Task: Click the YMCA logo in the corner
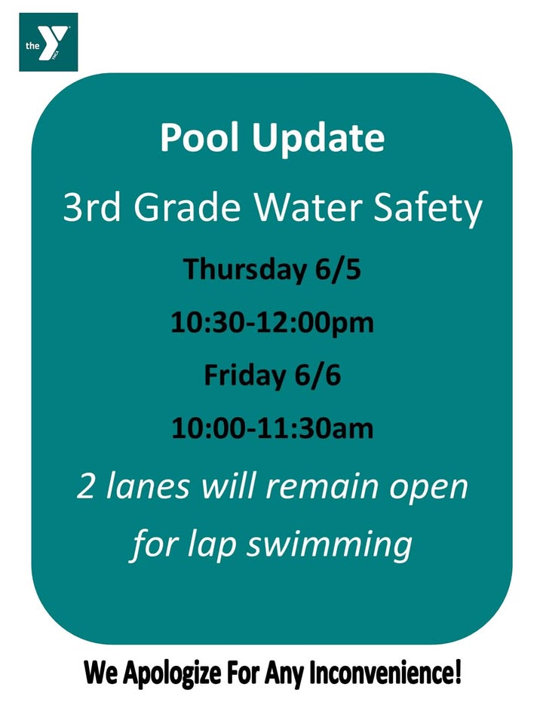coord(48,42)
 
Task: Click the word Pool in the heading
coord(200,137)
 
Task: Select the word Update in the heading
coord(318,139)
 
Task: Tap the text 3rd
coord(92,207)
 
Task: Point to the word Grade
coord(188,207)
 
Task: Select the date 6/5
coord(338,268)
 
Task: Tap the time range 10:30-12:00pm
coord(271,323)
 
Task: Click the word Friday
coord(244,376)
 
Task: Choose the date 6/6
coord(318,376)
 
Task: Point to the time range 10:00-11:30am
coord(271,429)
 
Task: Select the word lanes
coord(148,486)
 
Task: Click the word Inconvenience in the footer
coord(385,672)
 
